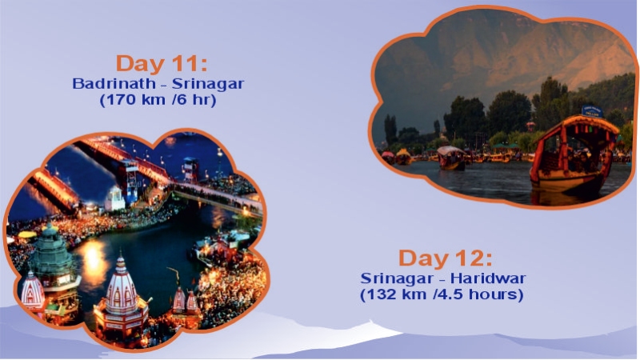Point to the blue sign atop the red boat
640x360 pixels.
click(592, 110)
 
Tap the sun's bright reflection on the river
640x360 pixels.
click(92, 256)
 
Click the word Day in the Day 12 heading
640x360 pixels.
click(424, 259)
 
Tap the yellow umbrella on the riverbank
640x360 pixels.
click(27, 234)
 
